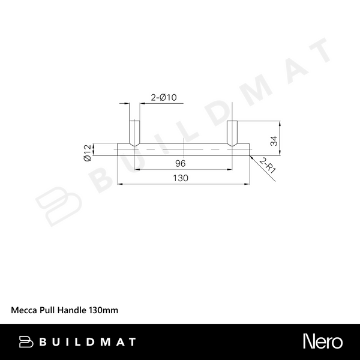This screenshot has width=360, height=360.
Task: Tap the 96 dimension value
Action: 181,164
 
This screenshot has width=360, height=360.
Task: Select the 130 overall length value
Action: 181,178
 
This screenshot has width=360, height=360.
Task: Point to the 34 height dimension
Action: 273,141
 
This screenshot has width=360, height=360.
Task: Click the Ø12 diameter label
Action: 87,153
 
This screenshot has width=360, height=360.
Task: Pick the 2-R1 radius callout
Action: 268,165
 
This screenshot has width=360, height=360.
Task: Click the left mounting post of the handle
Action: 134,132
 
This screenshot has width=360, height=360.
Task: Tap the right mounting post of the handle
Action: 232,132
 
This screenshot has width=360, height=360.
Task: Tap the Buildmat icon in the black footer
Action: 26,341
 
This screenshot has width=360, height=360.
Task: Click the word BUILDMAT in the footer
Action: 88,342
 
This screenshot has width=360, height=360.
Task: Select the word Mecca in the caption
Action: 23,310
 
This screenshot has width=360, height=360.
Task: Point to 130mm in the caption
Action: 103,310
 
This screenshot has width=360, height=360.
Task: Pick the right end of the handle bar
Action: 247,149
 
